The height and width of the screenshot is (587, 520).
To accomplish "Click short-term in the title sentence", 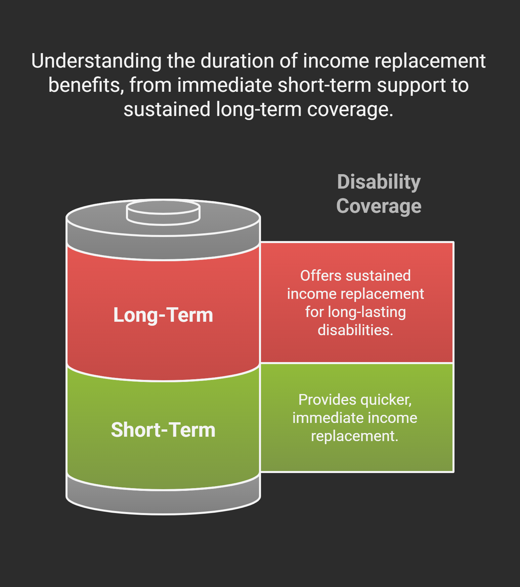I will [x=324, y=85].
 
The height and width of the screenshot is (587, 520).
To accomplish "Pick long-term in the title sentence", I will [x=259, y=110].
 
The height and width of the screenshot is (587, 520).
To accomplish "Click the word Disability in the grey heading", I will [x=379, y=182].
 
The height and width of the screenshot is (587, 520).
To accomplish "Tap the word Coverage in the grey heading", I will [x=379, y=206].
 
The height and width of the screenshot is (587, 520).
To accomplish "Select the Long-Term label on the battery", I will [x=163, y=315].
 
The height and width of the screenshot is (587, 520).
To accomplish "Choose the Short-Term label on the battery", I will [x=163, y=430].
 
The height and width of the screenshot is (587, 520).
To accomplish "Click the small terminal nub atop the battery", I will [x=163, y=212].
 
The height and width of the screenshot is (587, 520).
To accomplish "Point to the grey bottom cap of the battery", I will [x=163, y=501].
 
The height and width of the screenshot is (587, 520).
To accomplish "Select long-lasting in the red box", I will [x=366, y=312].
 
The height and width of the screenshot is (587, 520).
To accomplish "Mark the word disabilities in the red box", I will [x=355, y=330].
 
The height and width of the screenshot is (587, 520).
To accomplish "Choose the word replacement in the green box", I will [x=354, y=436].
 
